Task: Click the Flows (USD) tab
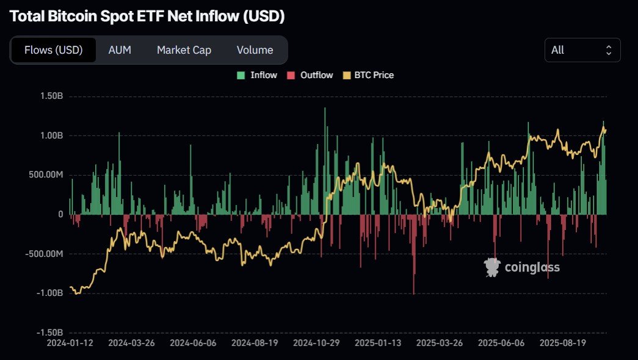[53, 50]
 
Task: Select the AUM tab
[120, 50]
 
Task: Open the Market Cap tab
[184, 50]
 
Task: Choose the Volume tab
[255, 50]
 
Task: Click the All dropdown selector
[582, 50]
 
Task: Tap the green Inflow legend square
[241, 75]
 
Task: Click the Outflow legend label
[316, 75]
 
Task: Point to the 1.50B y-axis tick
[51, 96]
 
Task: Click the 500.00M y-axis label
[46, 175]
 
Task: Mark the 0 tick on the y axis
[60, 214]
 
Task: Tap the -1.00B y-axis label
[49, 293]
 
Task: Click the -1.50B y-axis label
[49, 333]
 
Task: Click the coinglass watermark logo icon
[492, 267]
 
